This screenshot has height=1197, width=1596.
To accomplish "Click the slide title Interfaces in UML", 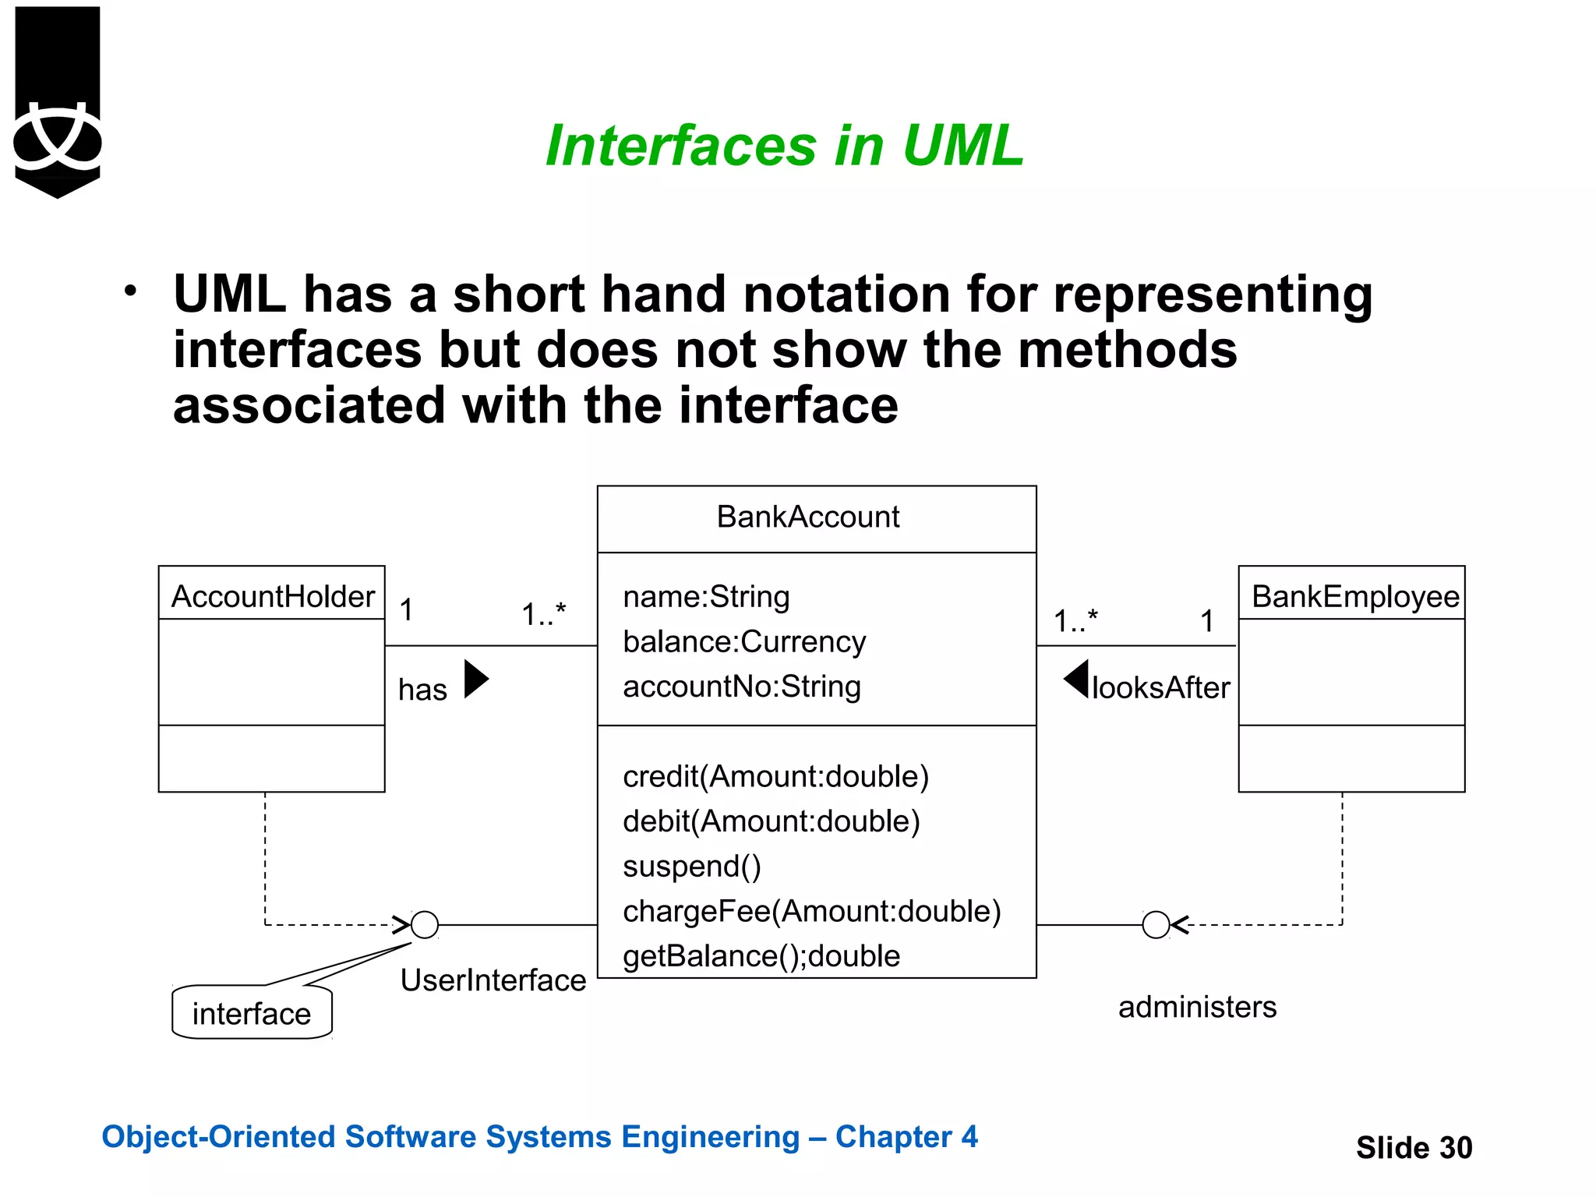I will [784, 146].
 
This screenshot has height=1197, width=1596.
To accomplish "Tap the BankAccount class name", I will [808, 517].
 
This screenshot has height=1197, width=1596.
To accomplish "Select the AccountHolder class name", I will [272, 597].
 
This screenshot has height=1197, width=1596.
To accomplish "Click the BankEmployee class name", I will [1354, 597].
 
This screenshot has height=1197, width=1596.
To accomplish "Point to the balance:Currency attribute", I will [744, 642].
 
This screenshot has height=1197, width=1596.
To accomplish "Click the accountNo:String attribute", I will [742, 687].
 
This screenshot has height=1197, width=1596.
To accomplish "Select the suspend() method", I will [692, 867].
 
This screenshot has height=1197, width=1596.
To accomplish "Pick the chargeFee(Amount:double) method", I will [811, 911].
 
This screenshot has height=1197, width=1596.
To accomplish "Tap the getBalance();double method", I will [761, 956].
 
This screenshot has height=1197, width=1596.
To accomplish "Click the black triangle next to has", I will [475, 679].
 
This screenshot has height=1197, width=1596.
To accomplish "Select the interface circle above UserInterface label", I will [425, 925].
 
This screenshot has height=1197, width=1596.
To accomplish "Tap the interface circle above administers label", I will [1156, 925].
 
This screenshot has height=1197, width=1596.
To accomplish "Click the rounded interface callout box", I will [252, 1013].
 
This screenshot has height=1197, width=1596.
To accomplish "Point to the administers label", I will [1197, 1007].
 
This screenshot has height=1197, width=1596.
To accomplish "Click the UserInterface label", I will [493, 980].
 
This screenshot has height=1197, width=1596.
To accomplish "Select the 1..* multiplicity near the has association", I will [543, 614].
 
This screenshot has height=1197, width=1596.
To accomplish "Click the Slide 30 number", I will [1414, 1148].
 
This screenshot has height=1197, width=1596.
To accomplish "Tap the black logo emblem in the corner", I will [58, 101].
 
